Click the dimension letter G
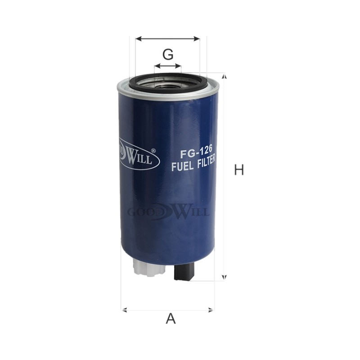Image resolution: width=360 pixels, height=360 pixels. [168, 54]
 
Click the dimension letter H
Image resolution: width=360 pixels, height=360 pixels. [239, 170]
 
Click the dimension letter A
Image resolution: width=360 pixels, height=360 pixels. [171, 319]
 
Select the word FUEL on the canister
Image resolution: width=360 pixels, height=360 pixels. [183, 166]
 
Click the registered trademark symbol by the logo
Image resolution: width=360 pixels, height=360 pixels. [153, 151]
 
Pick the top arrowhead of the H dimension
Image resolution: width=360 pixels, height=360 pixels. [225, 76]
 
